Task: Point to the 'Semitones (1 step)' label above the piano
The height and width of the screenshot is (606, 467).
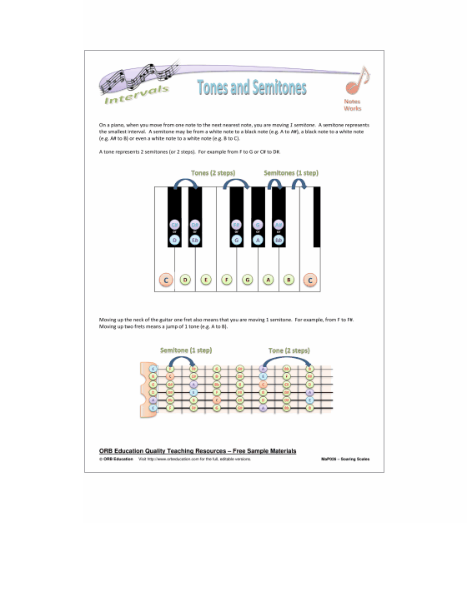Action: click(291, 172)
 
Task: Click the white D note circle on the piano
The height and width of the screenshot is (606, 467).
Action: click(185, 280)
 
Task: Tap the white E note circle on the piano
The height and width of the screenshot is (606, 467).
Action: click(206, 280)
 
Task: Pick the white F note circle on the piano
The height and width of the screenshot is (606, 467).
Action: click(227, 280)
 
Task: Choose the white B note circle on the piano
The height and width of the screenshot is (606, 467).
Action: click(289, 280)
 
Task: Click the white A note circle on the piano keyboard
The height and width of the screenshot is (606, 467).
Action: click(268, 280)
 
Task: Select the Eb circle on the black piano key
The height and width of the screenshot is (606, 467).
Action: click(195, 241)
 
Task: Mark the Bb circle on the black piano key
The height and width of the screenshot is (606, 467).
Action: click(279, 241)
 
